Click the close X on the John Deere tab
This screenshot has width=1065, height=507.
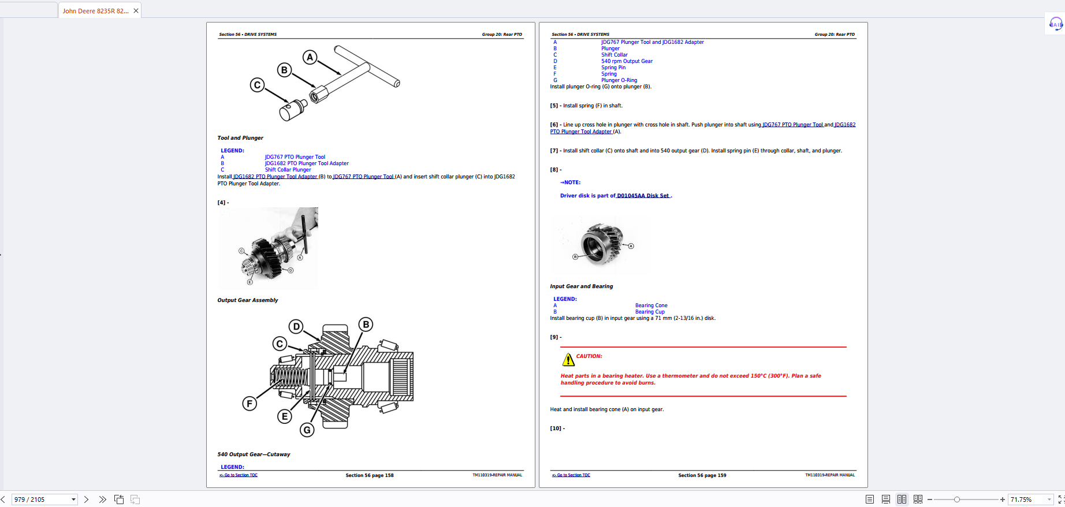(x=136, y=11)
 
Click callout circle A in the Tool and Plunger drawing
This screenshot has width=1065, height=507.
(x=310, y=57)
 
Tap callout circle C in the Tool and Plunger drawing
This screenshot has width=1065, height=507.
(x=257, y=85)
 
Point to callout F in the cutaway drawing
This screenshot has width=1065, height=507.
(x=250, y=403)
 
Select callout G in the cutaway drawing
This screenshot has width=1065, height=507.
(x=307, y=430)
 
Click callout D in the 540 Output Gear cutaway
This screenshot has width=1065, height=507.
(x=296, y=326)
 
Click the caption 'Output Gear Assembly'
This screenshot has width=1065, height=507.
(x=247, y=300)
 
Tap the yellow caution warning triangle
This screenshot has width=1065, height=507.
(x=568, y=360)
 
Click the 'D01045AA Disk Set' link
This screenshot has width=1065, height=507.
(x=643, y=196)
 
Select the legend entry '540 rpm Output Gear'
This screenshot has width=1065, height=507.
(x=627, y=61)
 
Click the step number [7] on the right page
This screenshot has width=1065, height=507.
(x=554, y=151)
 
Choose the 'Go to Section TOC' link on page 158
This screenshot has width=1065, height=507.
(x=239, y=475)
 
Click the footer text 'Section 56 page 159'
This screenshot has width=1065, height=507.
(x=702, y=475)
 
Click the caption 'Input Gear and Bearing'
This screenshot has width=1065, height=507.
(x=581, y=286)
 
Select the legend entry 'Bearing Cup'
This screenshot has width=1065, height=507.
(x=650, y=312)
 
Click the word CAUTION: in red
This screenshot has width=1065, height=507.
(x=589, y=356)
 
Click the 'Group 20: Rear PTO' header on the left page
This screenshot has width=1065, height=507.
(x=501, y=35)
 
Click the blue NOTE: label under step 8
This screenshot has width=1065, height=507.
(x=571, y=182)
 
